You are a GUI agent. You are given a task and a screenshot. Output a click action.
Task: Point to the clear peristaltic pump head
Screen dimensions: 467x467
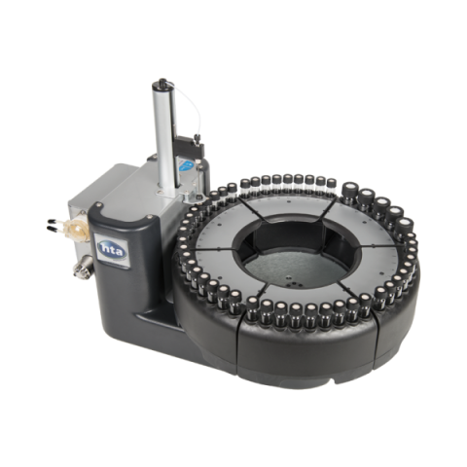pyautogui.click(x=78, y=229)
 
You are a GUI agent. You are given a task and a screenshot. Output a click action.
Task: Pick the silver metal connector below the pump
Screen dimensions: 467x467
pyautogui.click(x=83, y=268)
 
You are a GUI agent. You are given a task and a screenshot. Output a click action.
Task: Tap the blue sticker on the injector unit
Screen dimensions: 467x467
pyautogui.click(x=186, y=166)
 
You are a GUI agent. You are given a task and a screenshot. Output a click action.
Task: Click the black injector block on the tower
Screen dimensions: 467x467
pyautogui.click(x=190, y=145)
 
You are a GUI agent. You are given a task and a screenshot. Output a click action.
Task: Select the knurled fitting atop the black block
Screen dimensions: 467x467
pyautogui.click(x=197, y=139)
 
